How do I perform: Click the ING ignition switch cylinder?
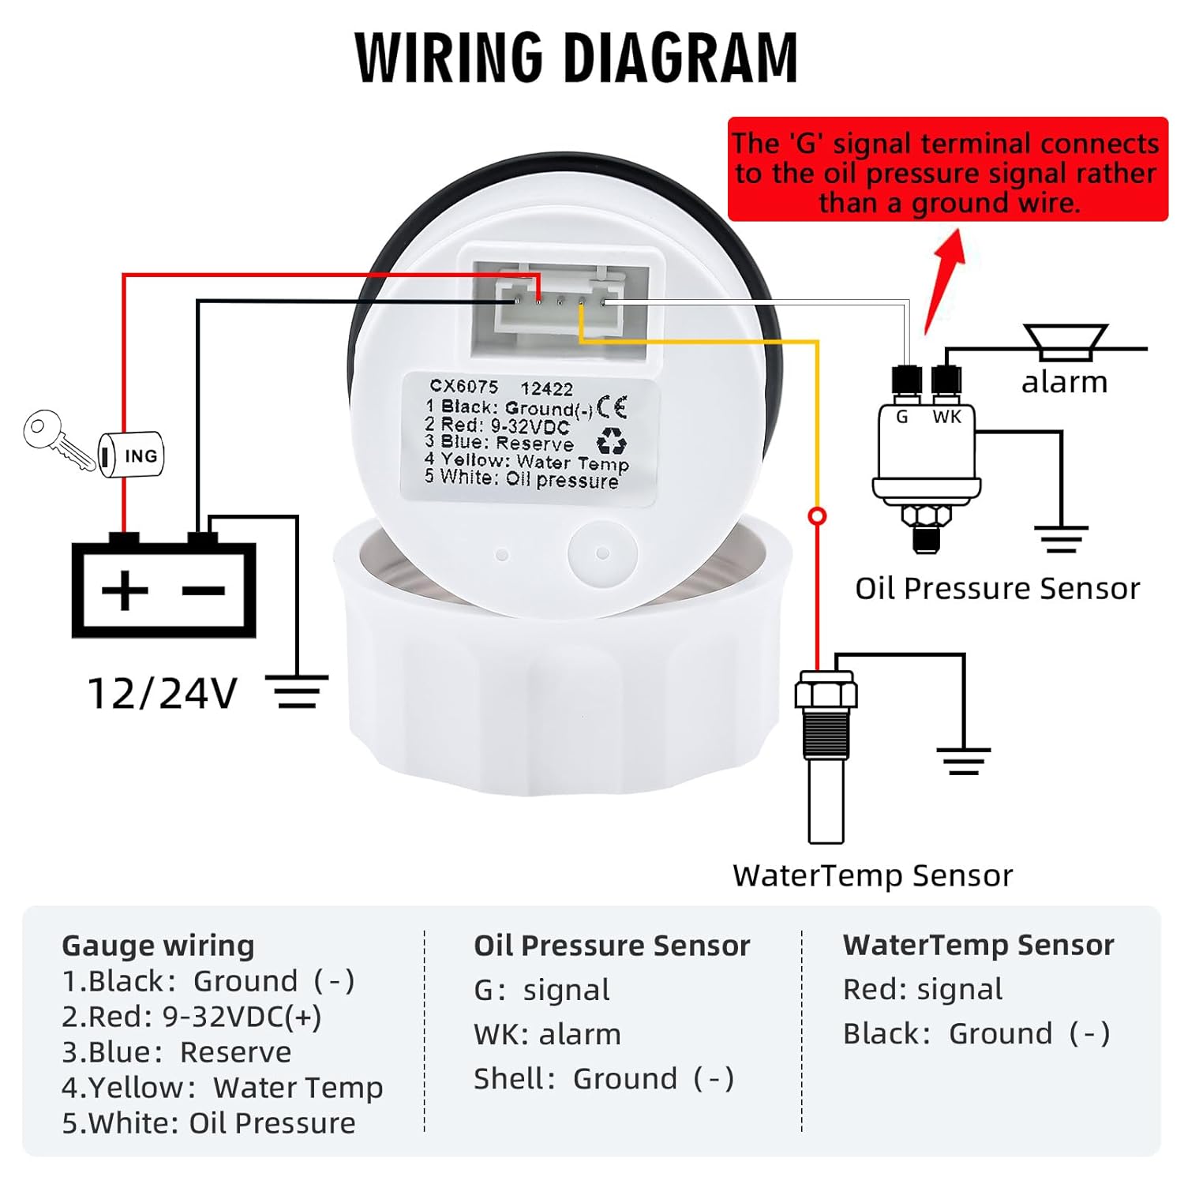point(133,455)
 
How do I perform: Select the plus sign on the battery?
point(124,590)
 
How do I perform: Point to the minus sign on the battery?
point(204,590)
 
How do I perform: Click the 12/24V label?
point(162,694)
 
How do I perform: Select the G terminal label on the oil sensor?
point(902,417)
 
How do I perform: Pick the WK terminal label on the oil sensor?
point(947,417)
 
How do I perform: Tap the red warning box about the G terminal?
point(946,170)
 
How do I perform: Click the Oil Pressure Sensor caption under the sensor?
point(997,589)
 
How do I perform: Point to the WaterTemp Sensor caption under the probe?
point(872,875)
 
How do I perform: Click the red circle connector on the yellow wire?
point(818,516)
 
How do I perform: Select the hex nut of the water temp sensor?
point(826,691)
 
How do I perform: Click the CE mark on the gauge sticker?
point(612,407)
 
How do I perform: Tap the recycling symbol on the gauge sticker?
point(611,441)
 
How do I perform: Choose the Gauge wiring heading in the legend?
point(158,945)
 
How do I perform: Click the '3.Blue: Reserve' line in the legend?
point(177,1052)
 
